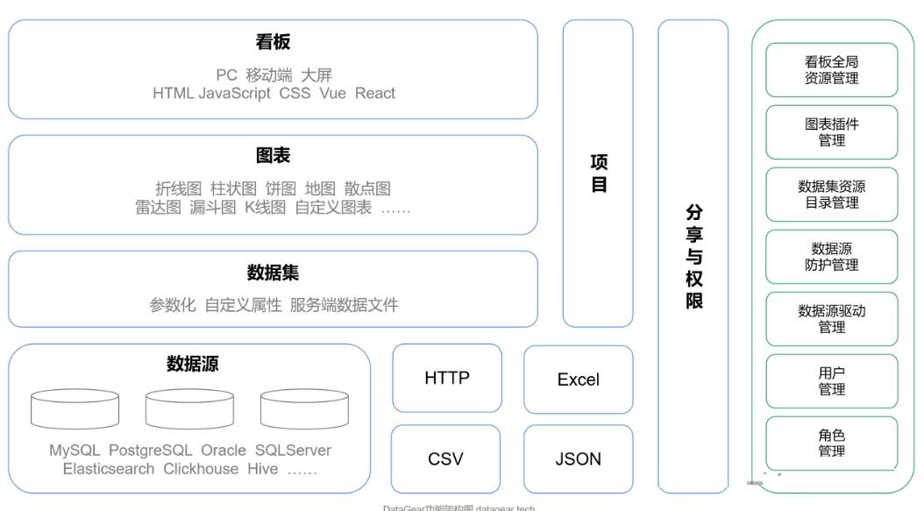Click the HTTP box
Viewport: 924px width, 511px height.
447,378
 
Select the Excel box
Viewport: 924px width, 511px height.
579,380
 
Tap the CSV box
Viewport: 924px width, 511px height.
445,458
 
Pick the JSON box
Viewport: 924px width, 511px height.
579,458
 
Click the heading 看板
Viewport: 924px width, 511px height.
273,42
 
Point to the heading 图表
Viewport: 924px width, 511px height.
273,156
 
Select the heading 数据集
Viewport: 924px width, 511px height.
273,273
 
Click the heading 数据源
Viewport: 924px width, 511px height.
192,364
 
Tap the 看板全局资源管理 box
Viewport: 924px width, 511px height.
831,70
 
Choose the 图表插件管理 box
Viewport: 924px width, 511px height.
831,132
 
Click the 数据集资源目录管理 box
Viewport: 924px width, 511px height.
831,195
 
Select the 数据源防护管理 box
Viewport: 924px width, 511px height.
831,257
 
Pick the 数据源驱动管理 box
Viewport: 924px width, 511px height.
831,319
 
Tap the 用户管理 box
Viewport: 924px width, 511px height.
831,381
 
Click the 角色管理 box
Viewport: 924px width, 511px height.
831,444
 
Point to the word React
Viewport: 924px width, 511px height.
375,94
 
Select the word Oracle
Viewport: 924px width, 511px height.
224,451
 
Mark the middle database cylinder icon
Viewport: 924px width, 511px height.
189,409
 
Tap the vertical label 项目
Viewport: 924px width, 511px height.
599,173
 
